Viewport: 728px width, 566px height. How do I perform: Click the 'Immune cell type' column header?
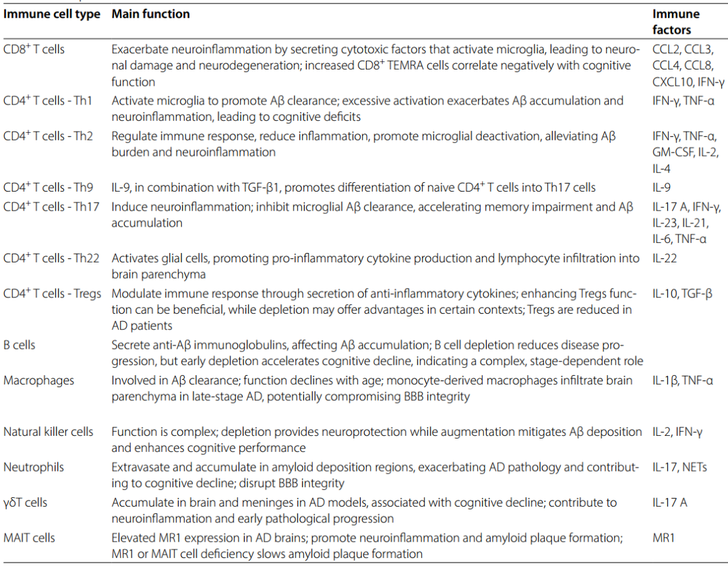52,14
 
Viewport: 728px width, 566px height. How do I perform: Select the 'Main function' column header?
150,14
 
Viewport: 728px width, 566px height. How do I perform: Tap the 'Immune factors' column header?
676,22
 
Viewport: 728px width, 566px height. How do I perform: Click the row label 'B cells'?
20,345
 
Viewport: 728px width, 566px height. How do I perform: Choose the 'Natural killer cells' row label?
49,432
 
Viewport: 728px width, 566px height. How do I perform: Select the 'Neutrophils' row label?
32,467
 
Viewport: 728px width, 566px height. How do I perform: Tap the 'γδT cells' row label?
26,503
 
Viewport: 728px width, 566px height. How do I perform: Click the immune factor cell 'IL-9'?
661,188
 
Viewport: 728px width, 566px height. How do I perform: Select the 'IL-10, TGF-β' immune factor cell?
682,293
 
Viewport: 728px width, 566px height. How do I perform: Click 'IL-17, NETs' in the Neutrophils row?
679,467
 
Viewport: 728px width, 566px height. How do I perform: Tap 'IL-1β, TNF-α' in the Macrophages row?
682,380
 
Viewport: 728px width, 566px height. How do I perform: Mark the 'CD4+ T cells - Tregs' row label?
53,293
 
